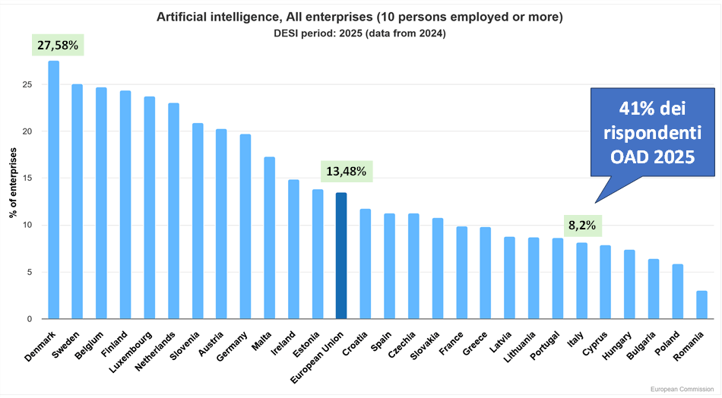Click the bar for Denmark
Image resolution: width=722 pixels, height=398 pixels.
[53, 190]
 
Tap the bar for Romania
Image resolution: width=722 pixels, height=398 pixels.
[701, 305]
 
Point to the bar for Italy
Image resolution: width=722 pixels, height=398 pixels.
[581, 281]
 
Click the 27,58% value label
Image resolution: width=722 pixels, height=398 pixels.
[58, 46]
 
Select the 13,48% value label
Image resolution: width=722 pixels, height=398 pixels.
[346, 171]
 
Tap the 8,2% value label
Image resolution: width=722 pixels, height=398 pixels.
[582, 226]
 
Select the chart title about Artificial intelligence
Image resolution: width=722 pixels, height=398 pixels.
[359, 17]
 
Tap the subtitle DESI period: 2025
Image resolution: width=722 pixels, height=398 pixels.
[359, 33]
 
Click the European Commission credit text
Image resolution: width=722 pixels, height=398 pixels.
[681, 389]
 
